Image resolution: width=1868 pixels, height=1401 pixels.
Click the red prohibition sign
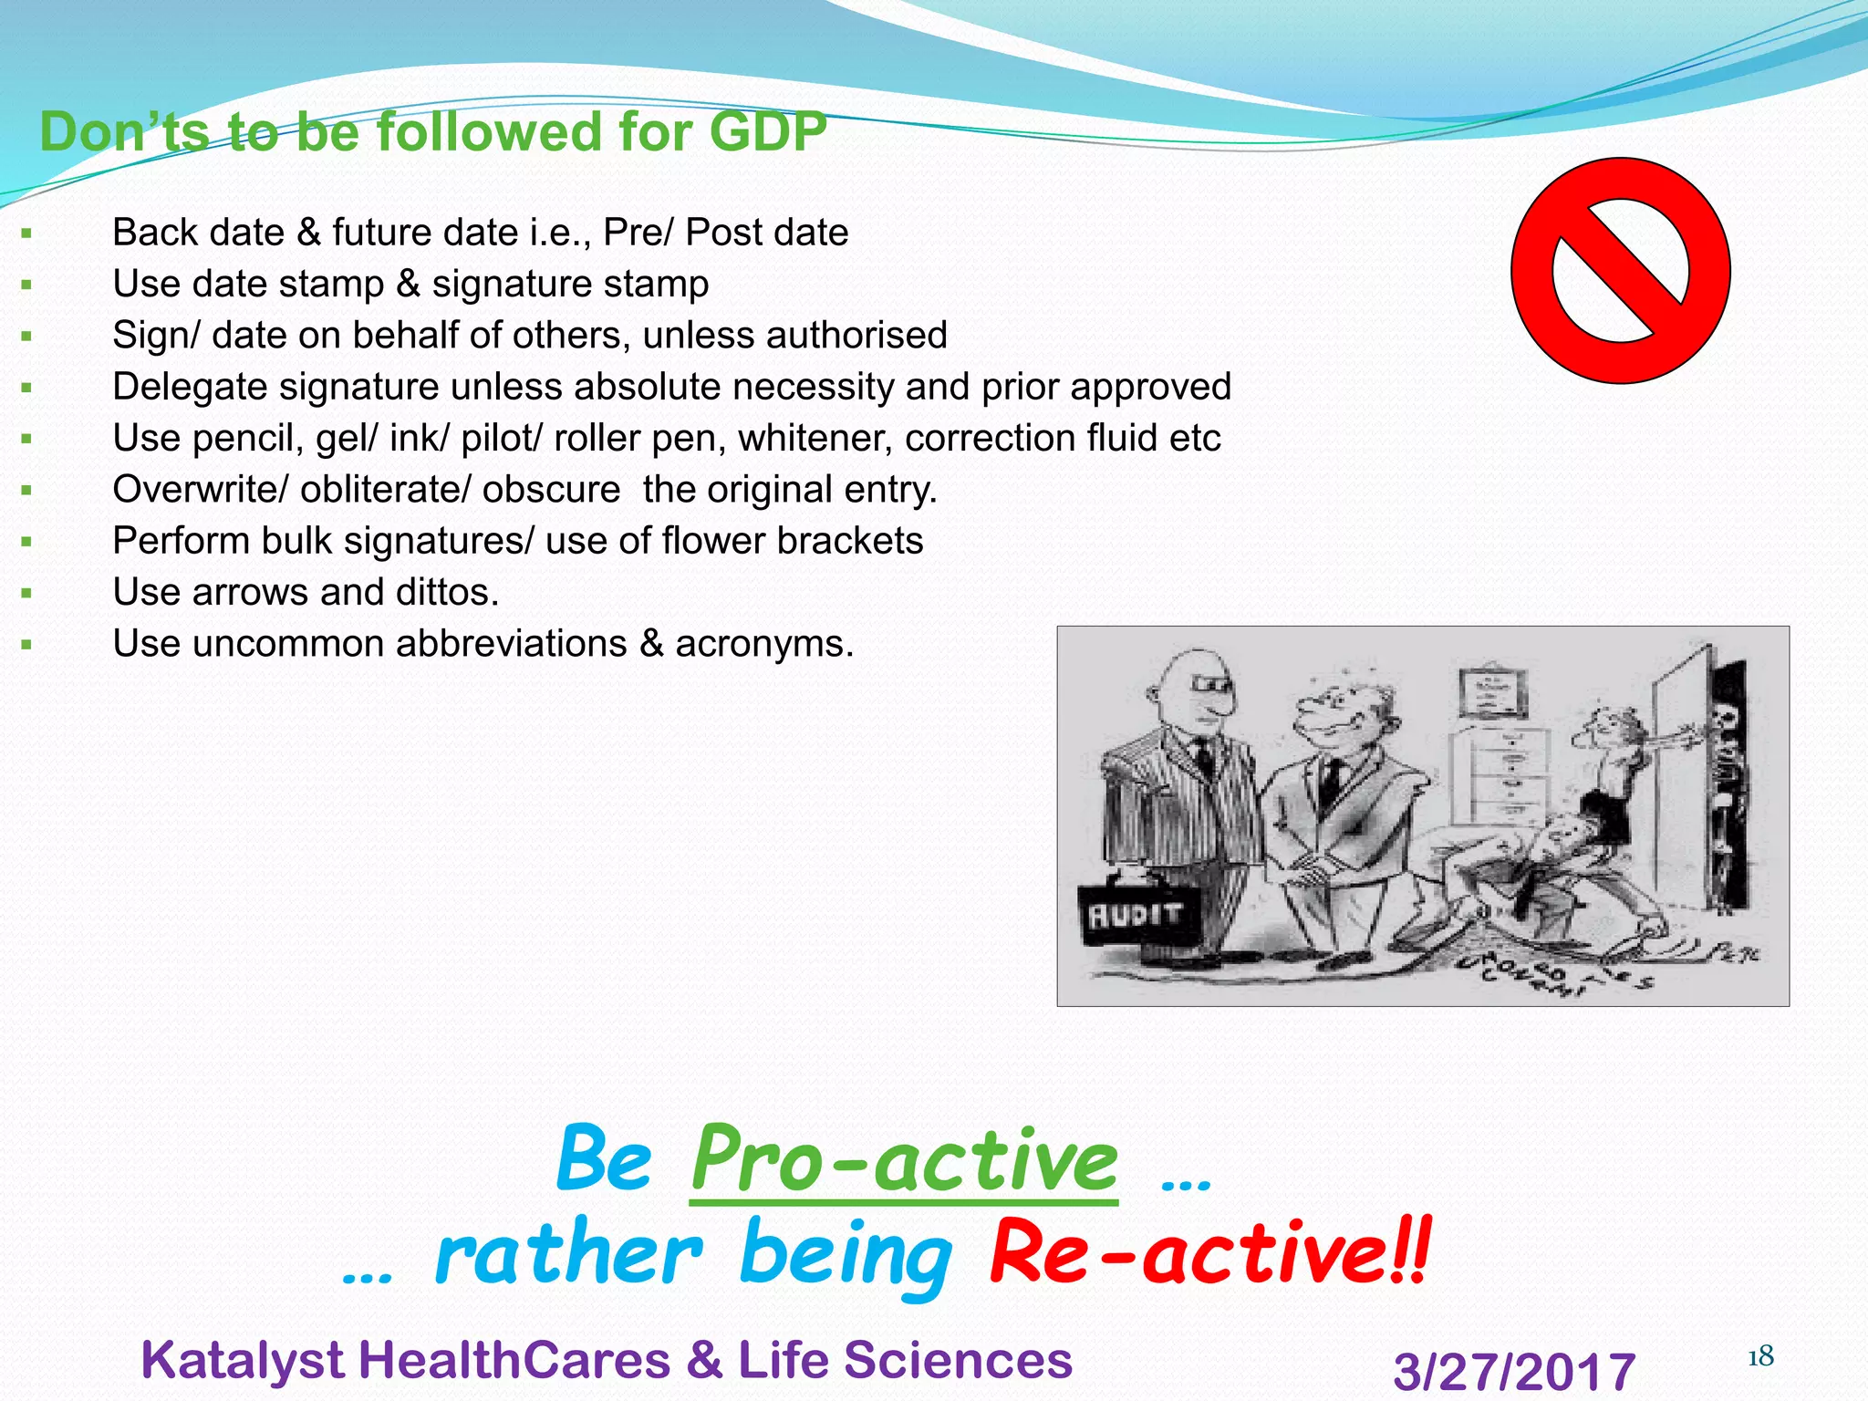pyautogui.click(x=1620, y=271)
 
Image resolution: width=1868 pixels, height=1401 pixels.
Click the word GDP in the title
pyautogui.click(x=767, y=132)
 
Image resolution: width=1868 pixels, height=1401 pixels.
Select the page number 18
pyautogui.click(x=1759, y=1357)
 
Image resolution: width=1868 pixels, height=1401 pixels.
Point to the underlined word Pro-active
pyautogui.click(x=903, y=1161)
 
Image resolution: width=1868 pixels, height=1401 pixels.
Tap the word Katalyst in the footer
pyautogui.click(x=244, y=1360)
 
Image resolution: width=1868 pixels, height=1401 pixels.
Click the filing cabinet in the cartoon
pyautogui.click(x=1510, y=775)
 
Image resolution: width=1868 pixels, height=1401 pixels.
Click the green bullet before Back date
pyautogui.click(x=26, y=234)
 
